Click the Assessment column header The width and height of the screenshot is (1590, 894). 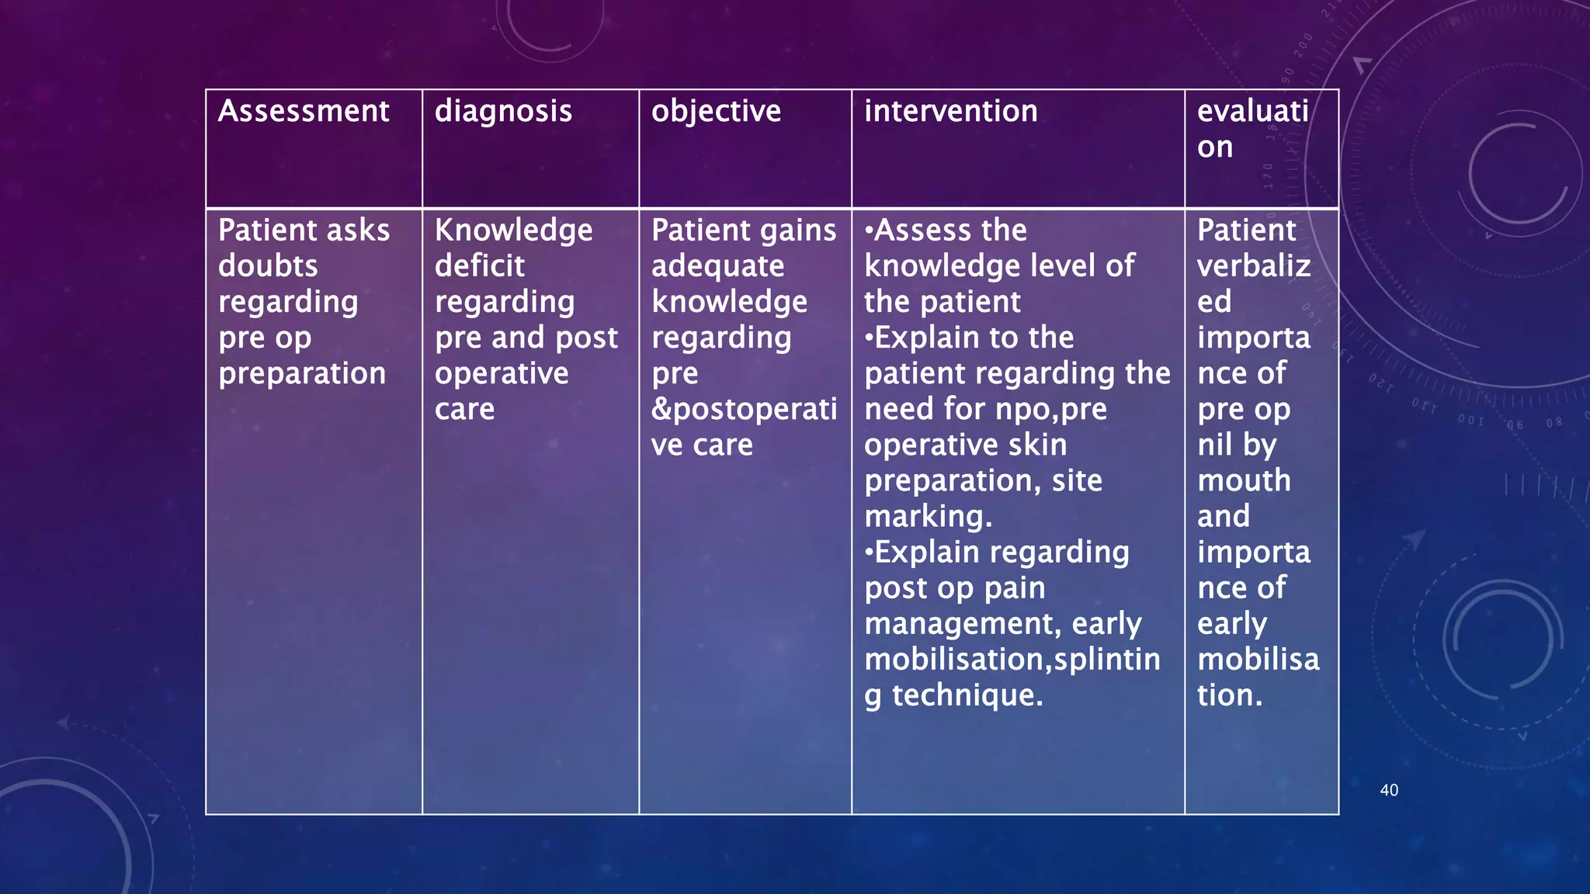[x=304, y=111]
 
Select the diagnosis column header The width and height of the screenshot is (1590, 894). [x=503, y=112]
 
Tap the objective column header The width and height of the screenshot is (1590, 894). [x=716, y=112]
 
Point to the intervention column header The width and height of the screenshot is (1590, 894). [x=950, y=111]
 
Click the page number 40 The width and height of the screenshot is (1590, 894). [x=1389, y=790]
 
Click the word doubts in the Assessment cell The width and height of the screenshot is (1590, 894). [x=268, y=266]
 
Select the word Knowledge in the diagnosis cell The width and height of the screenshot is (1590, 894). [x=513, y=230]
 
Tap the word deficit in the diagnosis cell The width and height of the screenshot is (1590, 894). [x=480, y=266]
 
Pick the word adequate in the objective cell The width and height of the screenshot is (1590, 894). [x=717, y=266]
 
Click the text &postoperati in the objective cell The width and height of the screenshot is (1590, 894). [x=744, y=409]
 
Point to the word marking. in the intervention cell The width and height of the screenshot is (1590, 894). [x=928, y=516]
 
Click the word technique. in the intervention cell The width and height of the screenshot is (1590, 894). [x=967, y=695]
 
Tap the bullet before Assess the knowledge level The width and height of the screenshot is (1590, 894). [x=869, y=230]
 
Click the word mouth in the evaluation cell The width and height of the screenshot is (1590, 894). [x=1244, y=480]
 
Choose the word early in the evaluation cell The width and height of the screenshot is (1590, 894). [x=1232, y=624]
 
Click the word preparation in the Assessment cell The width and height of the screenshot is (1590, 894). [x=302, y=374]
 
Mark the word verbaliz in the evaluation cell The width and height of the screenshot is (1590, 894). [x=1253, y=266]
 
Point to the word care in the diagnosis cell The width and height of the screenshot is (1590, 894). [x=464, y=409]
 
